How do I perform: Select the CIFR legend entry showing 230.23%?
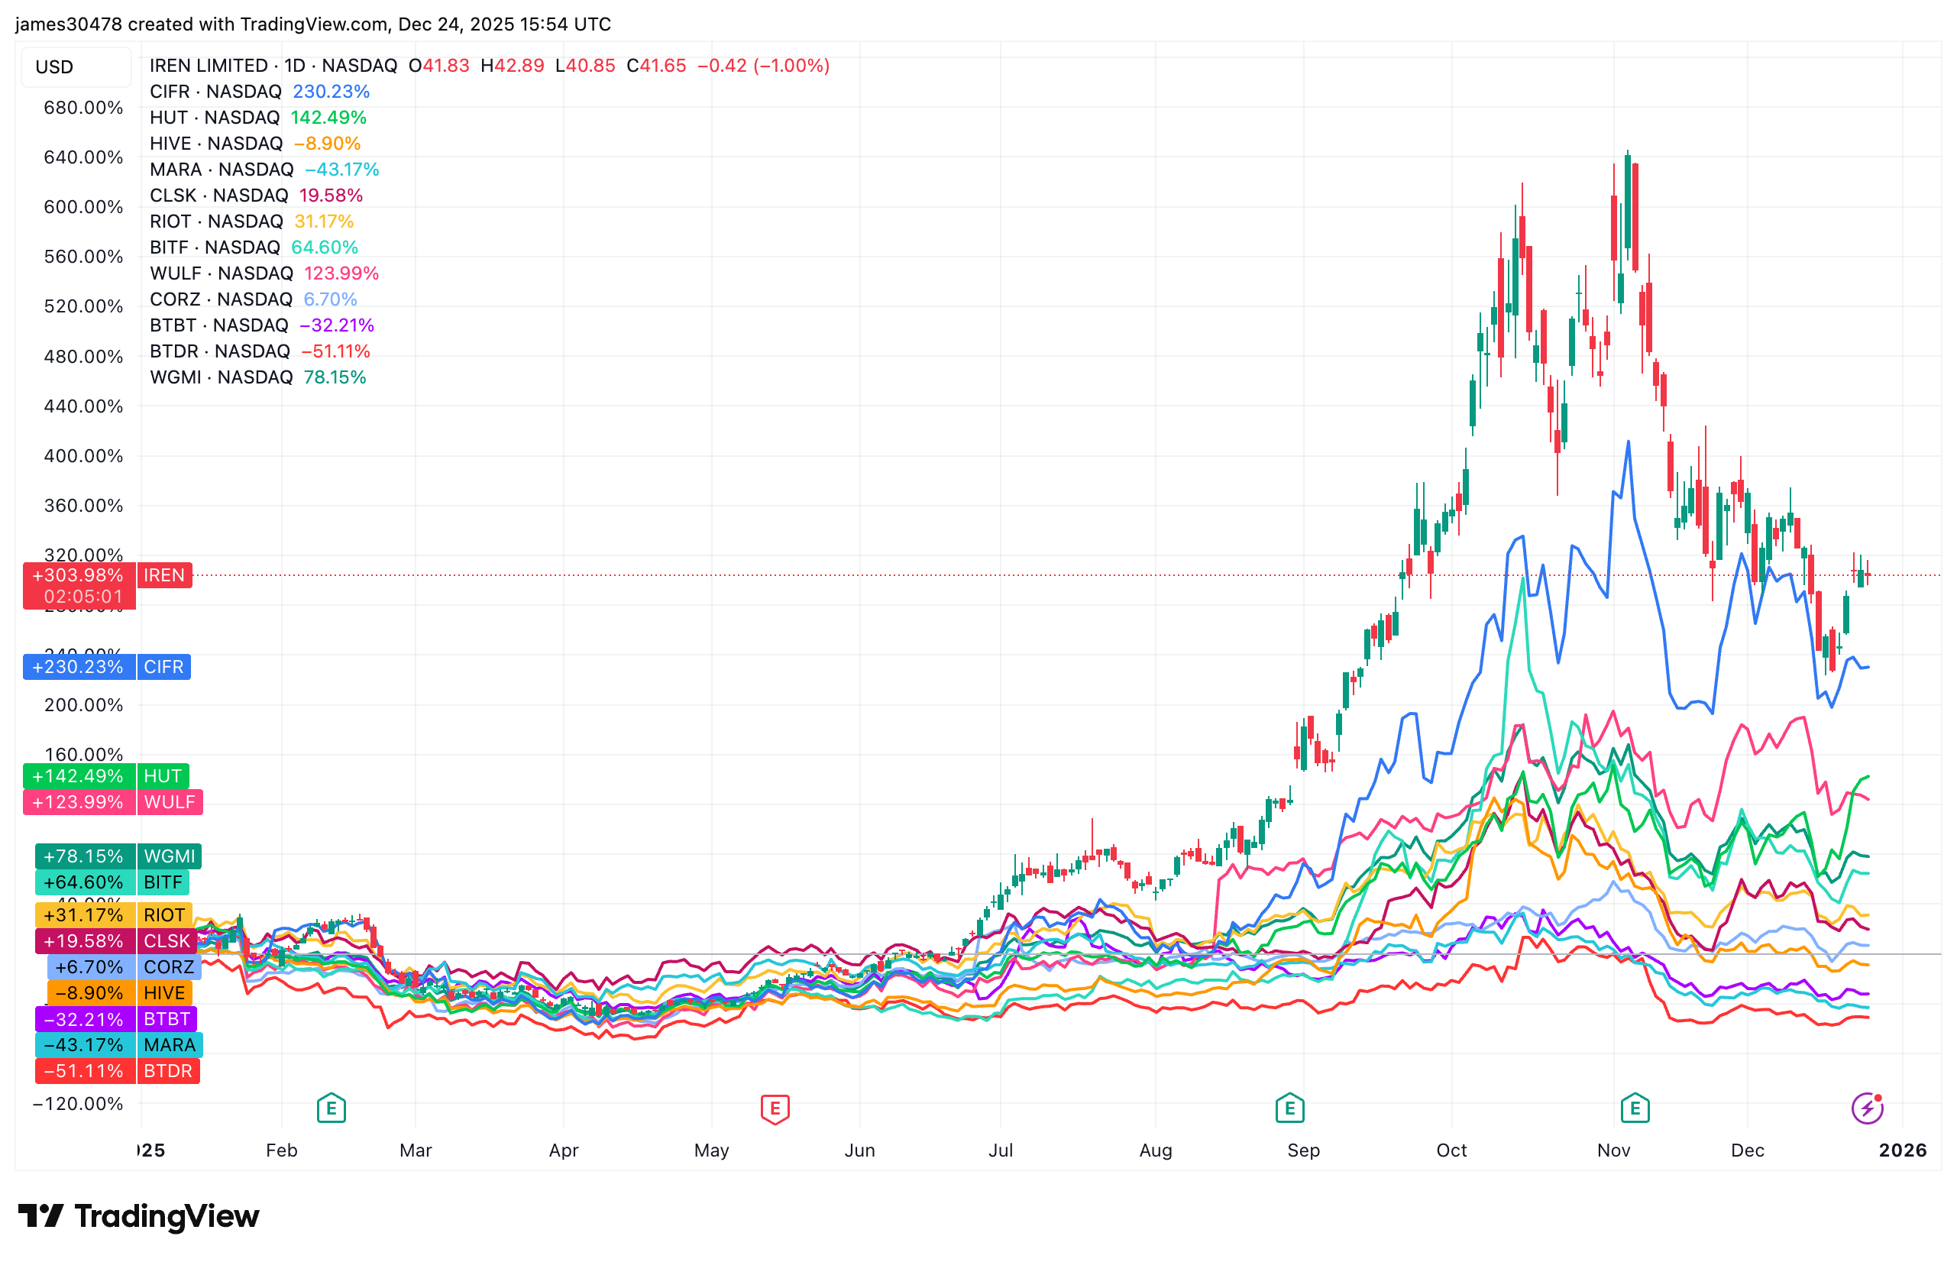click(259, 92)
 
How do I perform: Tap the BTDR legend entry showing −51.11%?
click(259, 351)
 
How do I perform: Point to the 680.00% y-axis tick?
click(82, 108)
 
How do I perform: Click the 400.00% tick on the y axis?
click(82, 455)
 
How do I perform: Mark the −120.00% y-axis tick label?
click(78, 1104)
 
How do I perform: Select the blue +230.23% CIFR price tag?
click(107, 667)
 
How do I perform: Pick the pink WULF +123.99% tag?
click(113, 802)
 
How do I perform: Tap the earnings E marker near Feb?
click(331, 1108)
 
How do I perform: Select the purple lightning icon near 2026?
click(1867, 1108)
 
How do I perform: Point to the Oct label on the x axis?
click(1451, 1150)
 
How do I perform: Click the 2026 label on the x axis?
click(1902, 1150)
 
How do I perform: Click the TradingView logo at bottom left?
click(137, 1216)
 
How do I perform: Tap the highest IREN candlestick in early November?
click(1628, 205)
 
